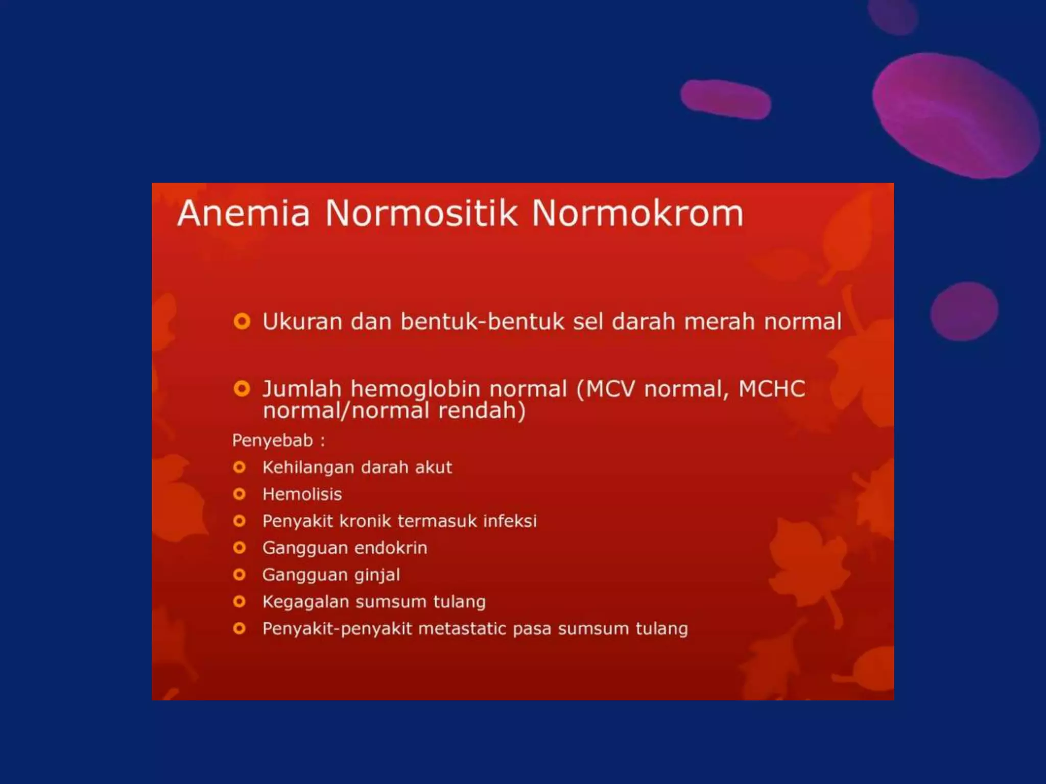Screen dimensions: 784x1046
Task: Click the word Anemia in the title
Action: (x=243, y=213)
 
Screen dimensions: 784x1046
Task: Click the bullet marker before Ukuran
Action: (x=242, y=322)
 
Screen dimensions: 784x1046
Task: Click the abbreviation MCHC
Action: (x=772, y=389)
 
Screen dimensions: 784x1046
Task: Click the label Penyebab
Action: (x=272, y=440)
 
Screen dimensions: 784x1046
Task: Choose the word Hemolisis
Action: (x=302, y=494)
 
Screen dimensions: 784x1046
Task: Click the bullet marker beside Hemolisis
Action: (x=239, y=494)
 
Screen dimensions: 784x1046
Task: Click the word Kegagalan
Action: (x=305, y=602)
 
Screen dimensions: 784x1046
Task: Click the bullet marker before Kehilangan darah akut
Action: (x=239, y=467)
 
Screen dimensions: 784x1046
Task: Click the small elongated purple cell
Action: (x=725, y=99)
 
